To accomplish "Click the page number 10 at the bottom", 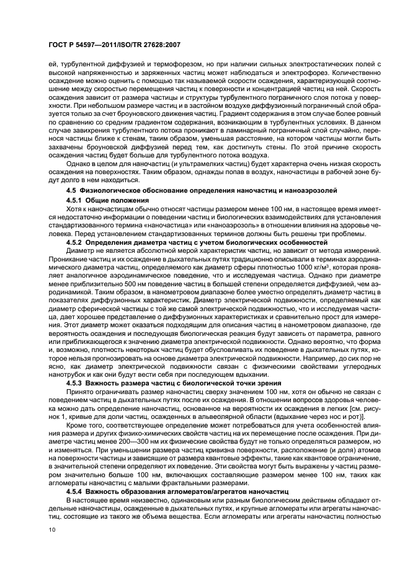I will coord(51,530).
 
